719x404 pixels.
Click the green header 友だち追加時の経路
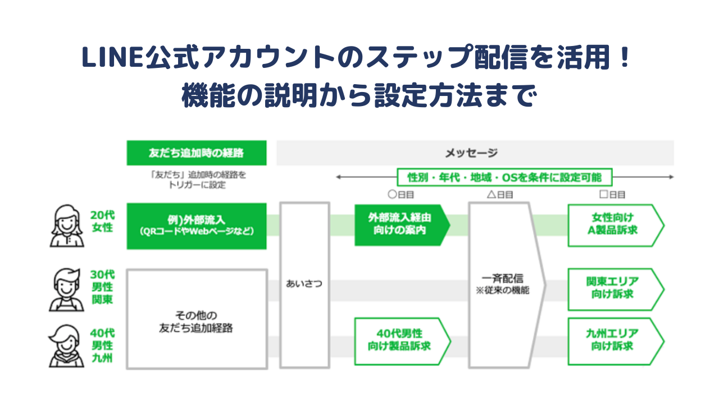[x=196, y=153]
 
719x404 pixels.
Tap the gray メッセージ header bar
[x=475, y=153]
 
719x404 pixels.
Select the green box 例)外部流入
[x=196, y=226]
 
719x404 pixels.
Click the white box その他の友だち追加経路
[x=196, y=319]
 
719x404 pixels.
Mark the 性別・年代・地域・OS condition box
[x=504, y=177]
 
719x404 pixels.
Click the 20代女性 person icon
[x=66, y=226]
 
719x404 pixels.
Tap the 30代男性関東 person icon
[x=66, y=289]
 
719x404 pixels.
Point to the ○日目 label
[x=401, y=195]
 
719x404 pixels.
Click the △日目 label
[x=499, y=195]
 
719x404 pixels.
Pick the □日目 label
[x=612, y=195]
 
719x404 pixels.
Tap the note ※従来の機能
[x=503, y=291]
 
